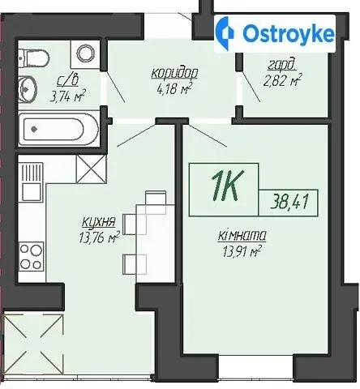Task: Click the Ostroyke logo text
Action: (x=289, y=34)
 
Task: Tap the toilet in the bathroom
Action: (x=34, y=58)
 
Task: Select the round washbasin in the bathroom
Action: (x=28, y=88)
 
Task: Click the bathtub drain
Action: (x=34, y=129)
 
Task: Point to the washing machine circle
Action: (x=86, y=53)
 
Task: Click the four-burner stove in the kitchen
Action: (x=32, y=257)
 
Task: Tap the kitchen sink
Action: (x=32, y=182)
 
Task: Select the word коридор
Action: (x=174, y=73)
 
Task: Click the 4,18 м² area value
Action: (x=174, y=89)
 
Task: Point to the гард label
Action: (x=282, y=65)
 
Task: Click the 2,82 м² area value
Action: (x=282, y=80)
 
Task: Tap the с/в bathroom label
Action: (x=67, y=80)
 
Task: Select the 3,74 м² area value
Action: (x=67, y=96)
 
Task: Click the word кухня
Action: (x=99, y=223)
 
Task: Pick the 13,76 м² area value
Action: (x=99, y=237)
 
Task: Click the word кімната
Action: (x=242, y=236)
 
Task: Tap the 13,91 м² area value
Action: (x=242, y=251)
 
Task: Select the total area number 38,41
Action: (x=289, y=202)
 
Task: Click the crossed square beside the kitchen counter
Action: (x=92, y=169)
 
